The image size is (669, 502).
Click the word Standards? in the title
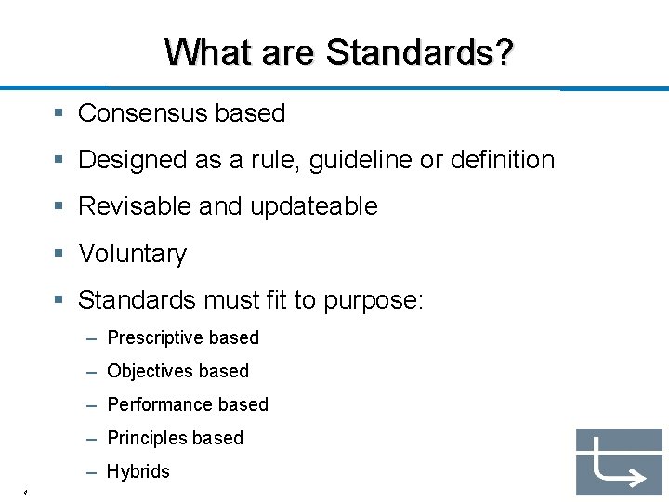point(419,52)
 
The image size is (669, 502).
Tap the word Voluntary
point(132,254)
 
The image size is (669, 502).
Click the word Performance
point(160,404)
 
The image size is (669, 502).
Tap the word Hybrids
point(138,471)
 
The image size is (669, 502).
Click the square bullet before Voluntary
point(59,254)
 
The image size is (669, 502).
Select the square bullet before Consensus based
point(59,113)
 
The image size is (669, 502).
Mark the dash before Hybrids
point(92,472)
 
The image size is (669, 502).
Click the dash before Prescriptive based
point(92,338)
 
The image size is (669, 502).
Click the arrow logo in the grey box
point(619,462)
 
